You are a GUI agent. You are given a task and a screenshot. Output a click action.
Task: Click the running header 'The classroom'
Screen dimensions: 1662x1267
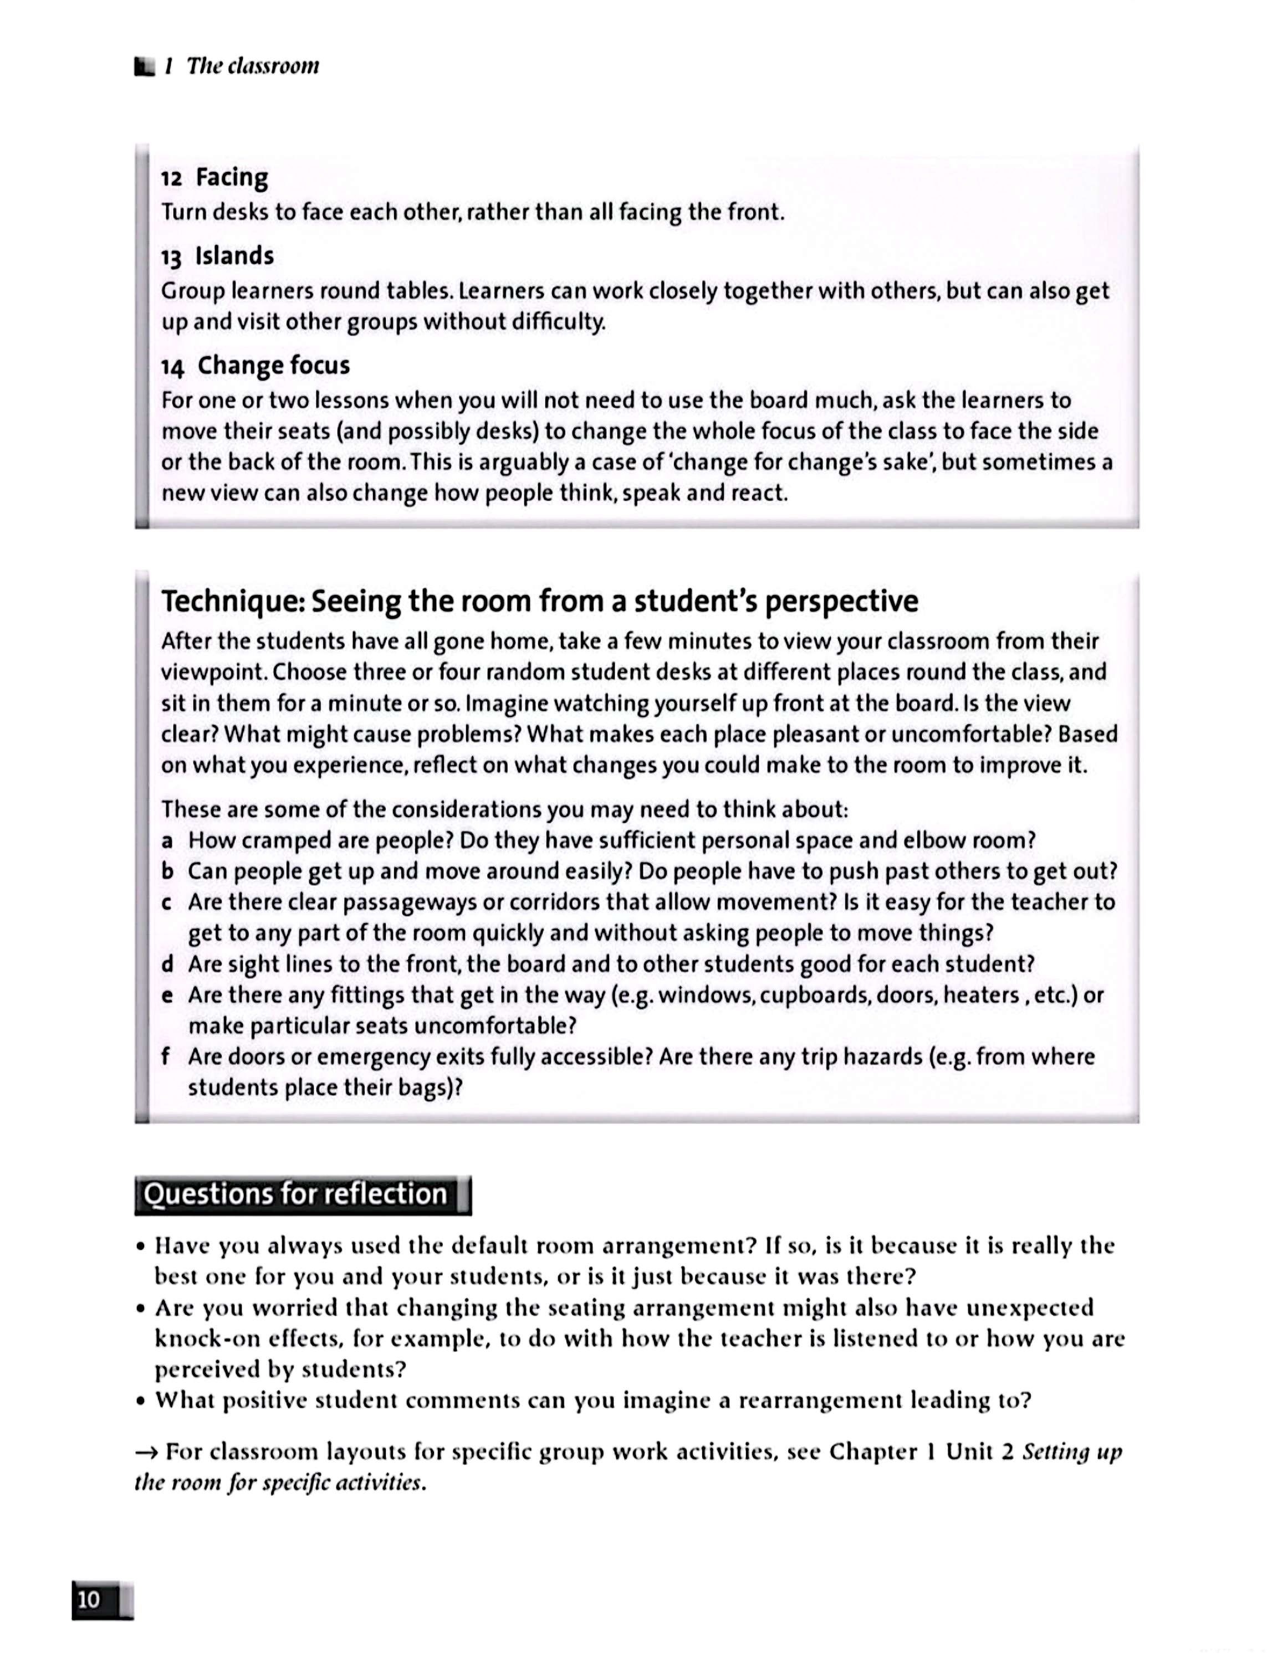pyautogui.click(x=253, y=66)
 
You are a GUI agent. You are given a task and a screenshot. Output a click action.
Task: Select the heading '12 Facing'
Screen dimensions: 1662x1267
pyautogui.click(x=214, y=178)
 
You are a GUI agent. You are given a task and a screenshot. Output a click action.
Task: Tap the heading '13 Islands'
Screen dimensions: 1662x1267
pyautogui.click(x=217, y=257)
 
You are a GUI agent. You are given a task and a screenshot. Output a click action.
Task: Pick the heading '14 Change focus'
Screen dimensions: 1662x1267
pyautogui.click(x=255, y=366)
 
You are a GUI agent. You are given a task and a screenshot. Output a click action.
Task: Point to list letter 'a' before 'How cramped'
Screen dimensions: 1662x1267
pyautogui.click(x=167, y=840)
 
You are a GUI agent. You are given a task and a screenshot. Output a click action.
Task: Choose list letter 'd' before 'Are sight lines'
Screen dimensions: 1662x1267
pyautogui.click(x=167, y=964)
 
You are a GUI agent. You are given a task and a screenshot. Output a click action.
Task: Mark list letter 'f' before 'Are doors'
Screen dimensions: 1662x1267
pyautogui.click(x=166, y=1056)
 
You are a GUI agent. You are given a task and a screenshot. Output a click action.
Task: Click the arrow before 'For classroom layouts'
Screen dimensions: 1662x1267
pyautogui.click(x=146, y=1451)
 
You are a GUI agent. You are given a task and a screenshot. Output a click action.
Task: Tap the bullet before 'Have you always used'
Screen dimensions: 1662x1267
pyautogui.click(x=141, y=1246)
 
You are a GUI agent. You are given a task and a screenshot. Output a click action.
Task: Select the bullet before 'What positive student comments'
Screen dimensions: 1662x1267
pyautogui.click(x=141, y=1401)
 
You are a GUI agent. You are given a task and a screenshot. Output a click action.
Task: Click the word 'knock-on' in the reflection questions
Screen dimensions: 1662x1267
pyautogui.click(x=201, y=1338)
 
